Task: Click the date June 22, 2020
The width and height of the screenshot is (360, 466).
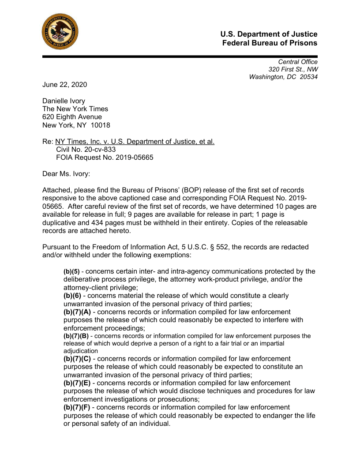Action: (x=64, y=85)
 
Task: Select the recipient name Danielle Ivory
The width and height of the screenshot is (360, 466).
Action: (x=64, y=101)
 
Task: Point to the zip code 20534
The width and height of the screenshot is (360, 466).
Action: (x=308, y=77)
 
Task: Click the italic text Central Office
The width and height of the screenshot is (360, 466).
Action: (x=297, y=62)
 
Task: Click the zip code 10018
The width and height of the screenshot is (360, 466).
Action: (x=101, y=125)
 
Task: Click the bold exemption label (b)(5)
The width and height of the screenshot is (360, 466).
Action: (x=71, y=271)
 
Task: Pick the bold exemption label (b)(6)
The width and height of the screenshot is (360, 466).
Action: (x=72, y=296)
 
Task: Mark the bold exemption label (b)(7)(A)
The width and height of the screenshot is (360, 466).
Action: (x=77, y=312)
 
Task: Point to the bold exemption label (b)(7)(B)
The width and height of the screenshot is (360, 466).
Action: (x=76, y=336)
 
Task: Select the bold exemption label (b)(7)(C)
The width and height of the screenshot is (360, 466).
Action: (x=77, y=359)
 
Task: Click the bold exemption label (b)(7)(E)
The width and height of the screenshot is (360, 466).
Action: (x=77, y=383)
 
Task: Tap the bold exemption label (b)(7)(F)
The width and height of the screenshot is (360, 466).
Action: (x=77, y=407)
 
